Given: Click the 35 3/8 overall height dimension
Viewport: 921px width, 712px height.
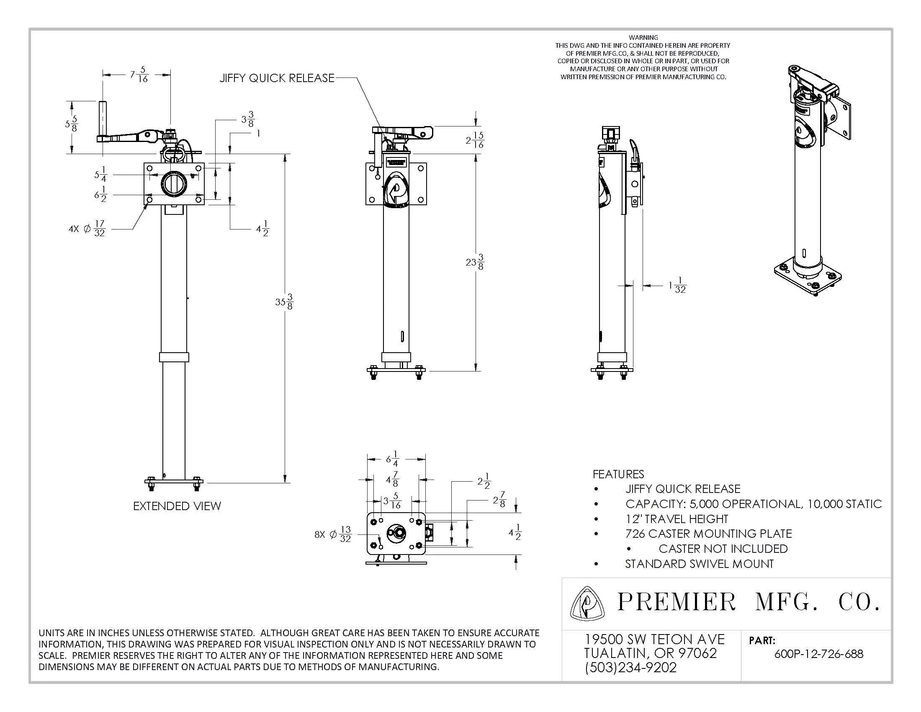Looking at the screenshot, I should coord(284,302).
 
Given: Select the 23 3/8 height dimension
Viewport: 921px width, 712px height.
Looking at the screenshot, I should coord(475,262).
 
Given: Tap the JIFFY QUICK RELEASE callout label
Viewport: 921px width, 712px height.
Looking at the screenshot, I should coord(277,78).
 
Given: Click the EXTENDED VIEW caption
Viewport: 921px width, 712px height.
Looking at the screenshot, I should coord(177,506).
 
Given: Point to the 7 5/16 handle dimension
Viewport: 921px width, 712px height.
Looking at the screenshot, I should coord(139,75).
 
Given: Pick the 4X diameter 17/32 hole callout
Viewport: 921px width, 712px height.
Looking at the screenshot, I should coord(87,229).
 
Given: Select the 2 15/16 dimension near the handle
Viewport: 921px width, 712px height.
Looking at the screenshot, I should coord(475,140).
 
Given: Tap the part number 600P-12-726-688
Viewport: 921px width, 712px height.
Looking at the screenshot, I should coord(818,654).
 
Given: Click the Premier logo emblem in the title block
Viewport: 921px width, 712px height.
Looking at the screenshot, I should coord(587,603).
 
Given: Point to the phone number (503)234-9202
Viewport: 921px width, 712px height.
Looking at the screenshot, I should coord(630,667).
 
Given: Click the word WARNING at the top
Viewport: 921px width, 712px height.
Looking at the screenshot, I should coord(643,38).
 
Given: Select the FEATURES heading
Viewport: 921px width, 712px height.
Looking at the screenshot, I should coord(618,474).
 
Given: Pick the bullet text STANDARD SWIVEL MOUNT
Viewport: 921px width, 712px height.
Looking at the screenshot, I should coord(699,564).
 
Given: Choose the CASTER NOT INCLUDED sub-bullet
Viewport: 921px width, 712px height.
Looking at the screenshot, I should coord(723,549).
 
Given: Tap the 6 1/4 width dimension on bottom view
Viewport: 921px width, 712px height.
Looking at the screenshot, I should coord(392,459).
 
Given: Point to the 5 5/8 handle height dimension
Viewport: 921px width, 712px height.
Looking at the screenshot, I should coord(71,124).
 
